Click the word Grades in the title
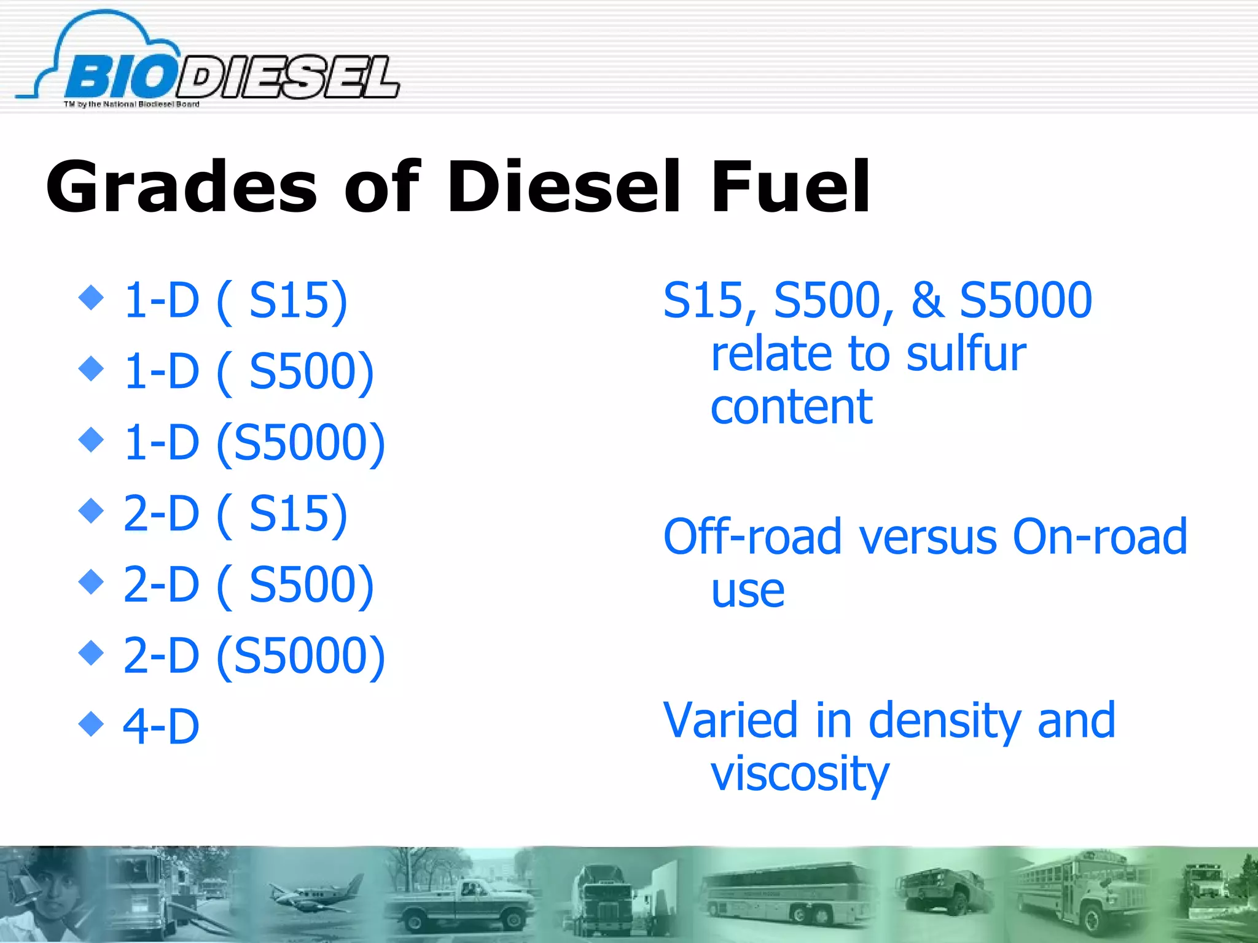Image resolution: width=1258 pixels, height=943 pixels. pos(181,187)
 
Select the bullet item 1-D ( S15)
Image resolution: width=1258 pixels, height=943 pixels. pos(235,301)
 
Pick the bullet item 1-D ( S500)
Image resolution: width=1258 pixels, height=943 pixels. pos(248,372)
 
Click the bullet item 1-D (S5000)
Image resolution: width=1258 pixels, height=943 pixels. pos(254,443)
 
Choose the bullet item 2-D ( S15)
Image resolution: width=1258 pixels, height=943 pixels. pos(235,514)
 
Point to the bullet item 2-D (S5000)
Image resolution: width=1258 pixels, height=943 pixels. pos(254,656)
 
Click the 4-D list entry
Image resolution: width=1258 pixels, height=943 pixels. pos(161,727)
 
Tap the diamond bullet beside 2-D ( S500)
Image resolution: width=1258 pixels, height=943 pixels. pos(92,581)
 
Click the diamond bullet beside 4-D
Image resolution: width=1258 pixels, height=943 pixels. pos(92,723)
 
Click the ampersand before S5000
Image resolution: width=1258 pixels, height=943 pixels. pos(928,301)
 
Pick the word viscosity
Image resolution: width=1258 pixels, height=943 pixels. pos(800,775)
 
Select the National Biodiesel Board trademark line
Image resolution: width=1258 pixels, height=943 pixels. pos(131,104)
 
